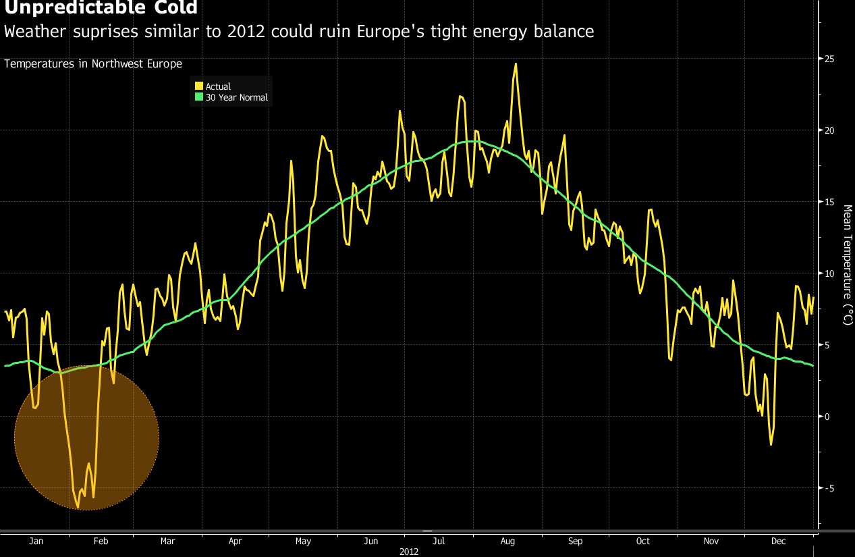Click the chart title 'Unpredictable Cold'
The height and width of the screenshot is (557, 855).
tap(101, 8)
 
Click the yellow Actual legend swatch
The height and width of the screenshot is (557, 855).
tap(199, 86)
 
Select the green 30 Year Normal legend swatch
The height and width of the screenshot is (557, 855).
tap(199, 97)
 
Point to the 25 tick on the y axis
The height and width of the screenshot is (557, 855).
tap(829, 59)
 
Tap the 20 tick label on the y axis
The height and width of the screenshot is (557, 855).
tap(829, 130)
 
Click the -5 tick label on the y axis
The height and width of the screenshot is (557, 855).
tap(829, 487)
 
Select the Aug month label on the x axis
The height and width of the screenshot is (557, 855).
tap(507, 541)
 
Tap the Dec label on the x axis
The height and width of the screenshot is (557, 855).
tap(779, 541)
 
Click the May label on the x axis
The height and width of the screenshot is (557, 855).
tap(303, 541)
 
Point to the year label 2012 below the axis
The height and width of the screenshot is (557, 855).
tap(409, 552)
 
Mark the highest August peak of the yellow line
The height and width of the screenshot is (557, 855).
tap(516, 63)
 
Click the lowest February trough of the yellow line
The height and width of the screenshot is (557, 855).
tap(78, 507)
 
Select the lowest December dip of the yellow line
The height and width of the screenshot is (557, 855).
tap(771, 444)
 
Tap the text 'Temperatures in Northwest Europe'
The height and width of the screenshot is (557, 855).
tap(93, 64)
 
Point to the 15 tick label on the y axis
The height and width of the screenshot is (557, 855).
tap(829, 202)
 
